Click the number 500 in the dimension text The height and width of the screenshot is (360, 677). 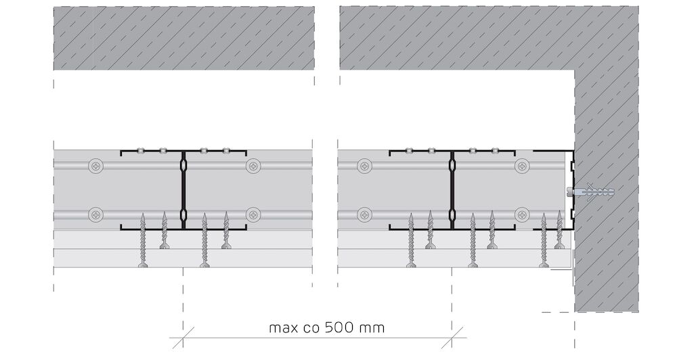click(341, 328)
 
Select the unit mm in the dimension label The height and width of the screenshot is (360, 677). click(372, 328)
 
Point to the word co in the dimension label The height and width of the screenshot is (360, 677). click(312, 328)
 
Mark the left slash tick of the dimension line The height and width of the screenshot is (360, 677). click(183, 338)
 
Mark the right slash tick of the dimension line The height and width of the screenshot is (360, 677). click(452, 338)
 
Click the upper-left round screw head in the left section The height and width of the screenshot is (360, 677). click(96, 166)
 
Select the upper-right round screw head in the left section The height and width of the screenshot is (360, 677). click(253, 166)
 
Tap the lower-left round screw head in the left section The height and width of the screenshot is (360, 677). click(96, 214)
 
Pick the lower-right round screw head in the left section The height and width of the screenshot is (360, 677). click(253, 214)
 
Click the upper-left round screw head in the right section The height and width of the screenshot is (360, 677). click(366, 166)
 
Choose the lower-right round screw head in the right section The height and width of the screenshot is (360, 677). click(522, 214)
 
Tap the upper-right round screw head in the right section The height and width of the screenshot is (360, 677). click(522, 166)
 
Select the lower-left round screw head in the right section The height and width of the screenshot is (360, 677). click(366, 214)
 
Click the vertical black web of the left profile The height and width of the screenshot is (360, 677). click(183, 190)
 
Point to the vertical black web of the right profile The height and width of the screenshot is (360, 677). click(452, 190)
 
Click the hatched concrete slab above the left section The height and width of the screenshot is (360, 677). click(184, 38)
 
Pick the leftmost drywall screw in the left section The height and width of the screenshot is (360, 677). click(143, 240)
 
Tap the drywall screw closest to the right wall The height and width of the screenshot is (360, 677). click(560, 230)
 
